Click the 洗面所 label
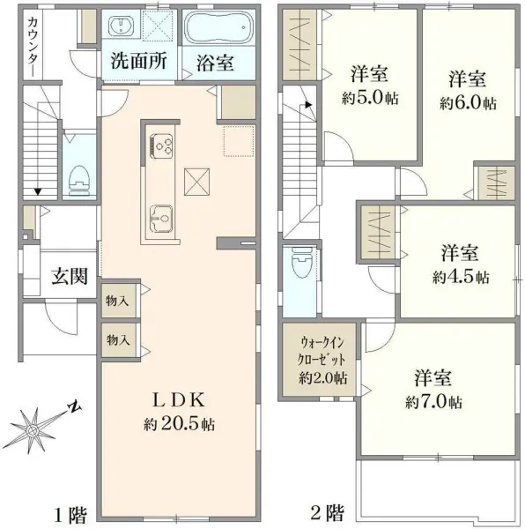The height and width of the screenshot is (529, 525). click(x=139, y=63)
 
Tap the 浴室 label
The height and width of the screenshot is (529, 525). click(x=216, y=63)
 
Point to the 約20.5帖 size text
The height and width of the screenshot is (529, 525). click(x=180, y=423)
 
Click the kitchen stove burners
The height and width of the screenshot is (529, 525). click(x=162, y=143)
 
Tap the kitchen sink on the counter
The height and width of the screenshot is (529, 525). click(x=160, y=214)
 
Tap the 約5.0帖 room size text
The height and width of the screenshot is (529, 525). click(x=370, y=98)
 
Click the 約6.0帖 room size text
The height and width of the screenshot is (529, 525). click(x=468, y=102)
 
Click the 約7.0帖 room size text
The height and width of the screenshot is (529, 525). click(x=433, y=402)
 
